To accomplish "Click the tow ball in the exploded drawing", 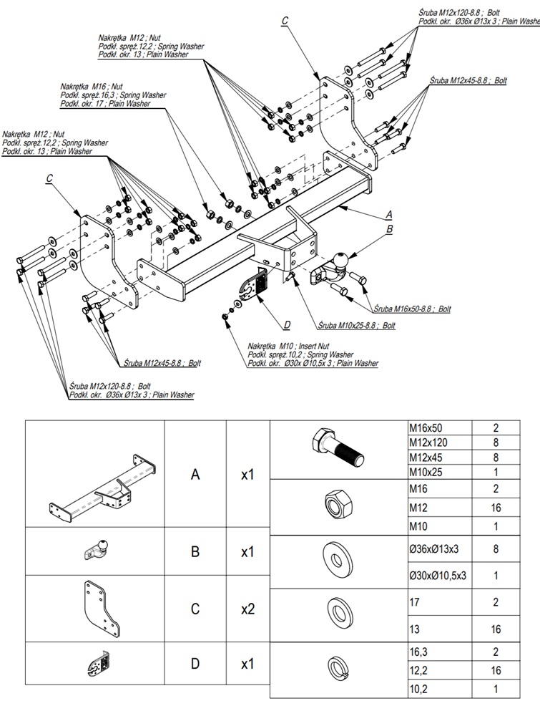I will click(x=341, y=258).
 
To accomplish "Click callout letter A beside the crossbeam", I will click(x=389, y=214).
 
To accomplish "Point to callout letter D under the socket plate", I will click(x=287, y=325).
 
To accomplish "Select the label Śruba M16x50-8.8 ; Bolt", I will click(x=412, y=309).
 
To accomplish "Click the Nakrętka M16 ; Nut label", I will click(x=92, y=87).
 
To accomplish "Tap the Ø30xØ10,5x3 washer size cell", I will click(x=437, y=575).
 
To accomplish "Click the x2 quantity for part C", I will click(x=247, y=609).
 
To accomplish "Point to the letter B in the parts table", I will click(x=195, y=552).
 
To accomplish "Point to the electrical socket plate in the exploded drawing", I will click(x=252, y=288).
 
